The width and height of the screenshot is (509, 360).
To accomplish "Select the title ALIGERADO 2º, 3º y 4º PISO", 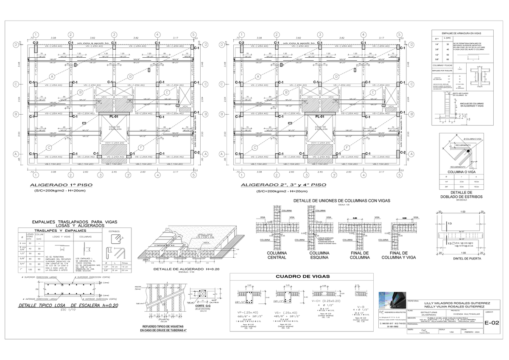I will tap(284, 185).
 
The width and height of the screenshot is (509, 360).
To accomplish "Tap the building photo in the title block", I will tap(390, 301).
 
